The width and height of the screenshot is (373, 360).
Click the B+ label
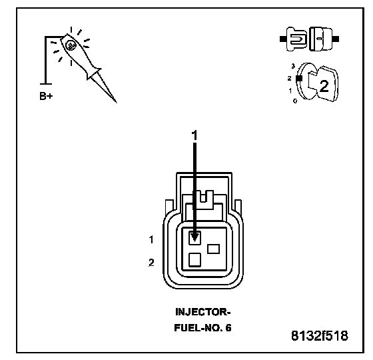[x=46, y=96]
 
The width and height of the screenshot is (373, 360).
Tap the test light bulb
[x=71, y=45]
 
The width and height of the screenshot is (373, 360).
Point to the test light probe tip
[x=116, y=102]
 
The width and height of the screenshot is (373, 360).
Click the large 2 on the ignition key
[x=324, y=86]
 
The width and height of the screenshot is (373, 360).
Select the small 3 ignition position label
[x=293, y=66]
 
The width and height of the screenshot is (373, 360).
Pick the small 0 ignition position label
[x=295, y=101]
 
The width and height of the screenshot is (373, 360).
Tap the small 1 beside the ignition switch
[x=290, y=91]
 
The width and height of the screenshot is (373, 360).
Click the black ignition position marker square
[x=299, y=79]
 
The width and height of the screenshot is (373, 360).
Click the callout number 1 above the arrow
[x=194, y=135]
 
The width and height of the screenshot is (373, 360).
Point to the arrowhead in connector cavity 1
[x=194, y=237]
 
